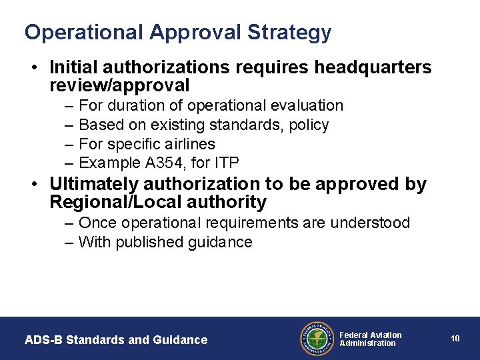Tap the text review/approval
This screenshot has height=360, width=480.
point(119,85)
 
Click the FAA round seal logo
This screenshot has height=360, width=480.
point(316,339)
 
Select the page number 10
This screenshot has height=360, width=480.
point(455,339)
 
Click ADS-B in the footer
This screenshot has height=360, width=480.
point(42,340)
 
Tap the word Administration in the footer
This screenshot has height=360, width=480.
point(367,343)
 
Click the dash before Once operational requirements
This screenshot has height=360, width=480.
point(70,223)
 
